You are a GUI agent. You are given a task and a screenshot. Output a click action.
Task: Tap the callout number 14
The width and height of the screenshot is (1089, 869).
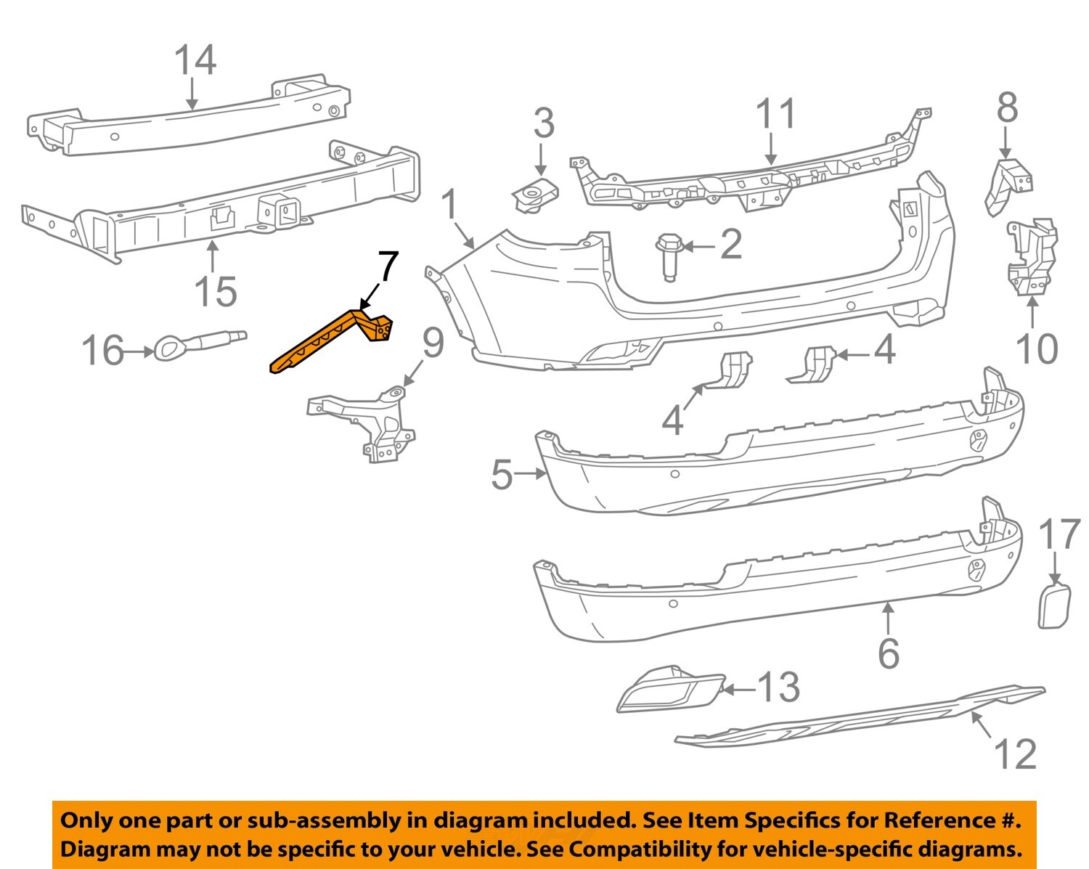(x=195, y=60)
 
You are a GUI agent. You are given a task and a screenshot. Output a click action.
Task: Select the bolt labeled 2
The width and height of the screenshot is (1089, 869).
(x=669, y=254)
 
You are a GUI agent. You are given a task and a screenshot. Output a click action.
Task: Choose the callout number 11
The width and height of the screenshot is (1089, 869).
(x=775, y=115)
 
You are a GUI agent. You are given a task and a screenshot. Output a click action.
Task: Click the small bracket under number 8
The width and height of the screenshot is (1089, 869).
(x=1008, y=185)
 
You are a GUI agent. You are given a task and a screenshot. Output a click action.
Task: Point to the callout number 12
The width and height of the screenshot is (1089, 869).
(x=1015, y=754)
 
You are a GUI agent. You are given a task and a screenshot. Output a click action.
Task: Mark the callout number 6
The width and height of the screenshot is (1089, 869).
(x=889, y=653)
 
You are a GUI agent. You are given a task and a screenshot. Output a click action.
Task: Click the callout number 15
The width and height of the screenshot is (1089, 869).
(x=216, y=292)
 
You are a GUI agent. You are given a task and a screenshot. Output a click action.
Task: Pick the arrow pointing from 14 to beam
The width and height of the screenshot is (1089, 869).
(x=192, y=94)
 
